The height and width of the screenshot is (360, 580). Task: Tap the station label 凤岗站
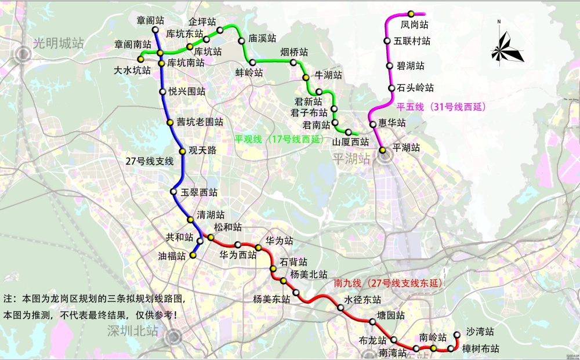click(x=414, y=25)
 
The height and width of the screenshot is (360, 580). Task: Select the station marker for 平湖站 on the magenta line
click(x=383, y=150)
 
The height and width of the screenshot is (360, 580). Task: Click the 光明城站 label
click(x=58, y=43)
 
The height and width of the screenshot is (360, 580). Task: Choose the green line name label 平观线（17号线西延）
click(x=279, y=139)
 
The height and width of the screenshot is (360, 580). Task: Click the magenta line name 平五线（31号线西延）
click(x=441, y=107)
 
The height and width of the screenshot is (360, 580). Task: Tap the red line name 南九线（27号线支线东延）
click(x=388, y=283)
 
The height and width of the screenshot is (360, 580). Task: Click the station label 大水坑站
click(x=132, y=70)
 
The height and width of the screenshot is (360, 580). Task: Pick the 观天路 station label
click(x=202, y=150)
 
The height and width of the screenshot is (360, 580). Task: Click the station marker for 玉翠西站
click(x=173, y=192)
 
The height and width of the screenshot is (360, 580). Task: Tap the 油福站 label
click(x=172, y=255)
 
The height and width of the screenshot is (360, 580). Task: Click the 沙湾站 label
click(x=480, y=332)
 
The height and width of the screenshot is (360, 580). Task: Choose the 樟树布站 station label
click(x=480, y=348)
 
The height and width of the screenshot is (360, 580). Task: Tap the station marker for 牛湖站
click(x=306, y=78)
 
